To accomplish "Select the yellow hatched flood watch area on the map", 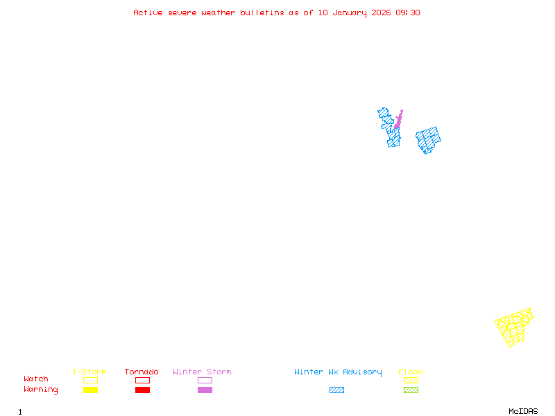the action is [x=514, y=327].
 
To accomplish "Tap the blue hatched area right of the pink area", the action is [x=428, y=139].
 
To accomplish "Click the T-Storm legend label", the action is [x=89, y=372].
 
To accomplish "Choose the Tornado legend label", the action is [x=142, y=372].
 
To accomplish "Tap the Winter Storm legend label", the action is [x=202, y=372].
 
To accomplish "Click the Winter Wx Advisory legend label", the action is [x=338, y=372].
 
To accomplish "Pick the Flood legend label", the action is [x=411, y=372].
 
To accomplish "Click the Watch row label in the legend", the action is [x=36, y=379].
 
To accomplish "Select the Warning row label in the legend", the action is [x=41, y=390].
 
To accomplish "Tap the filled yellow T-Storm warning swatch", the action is [x=90, y=390].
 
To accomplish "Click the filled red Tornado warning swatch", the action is [x=142, y=390].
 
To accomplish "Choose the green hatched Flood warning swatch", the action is [x=411, y=390].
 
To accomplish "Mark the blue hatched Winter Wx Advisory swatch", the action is [x=336, y=390].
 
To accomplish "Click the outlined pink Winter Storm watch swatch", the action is [x=205, y=380].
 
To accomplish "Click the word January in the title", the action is [x=350, y=12].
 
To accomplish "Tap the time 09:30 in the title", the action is [x=408, y=12].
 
